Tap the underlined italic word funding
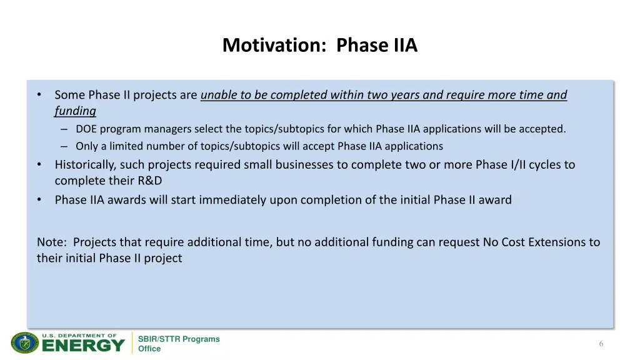coord(75,111)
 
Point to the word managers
coord(168,129)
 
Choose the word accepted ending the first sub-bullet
coord(543,129)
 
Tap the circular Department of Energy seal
coord(24,343)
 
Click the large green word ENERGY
coord(84,346)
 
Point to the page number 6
coord(601,344)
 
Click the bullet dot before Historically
coord(39,165)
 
